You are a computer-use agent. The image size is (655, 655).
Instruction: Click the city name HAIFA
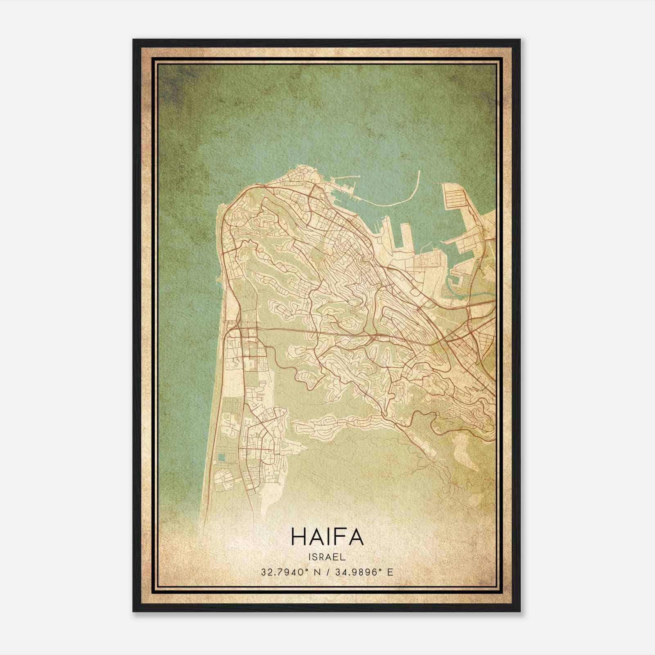click(x=327, y=536)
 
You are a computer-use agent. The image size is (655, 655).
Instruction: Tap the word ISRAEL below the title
click(x=327, y=557)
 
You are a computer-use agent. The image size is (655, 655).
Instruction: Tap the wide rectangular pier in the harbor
click(x=406, y=237)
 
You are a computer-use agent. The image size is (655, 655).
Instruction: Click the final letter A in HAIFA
click(x=355, y=536)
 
